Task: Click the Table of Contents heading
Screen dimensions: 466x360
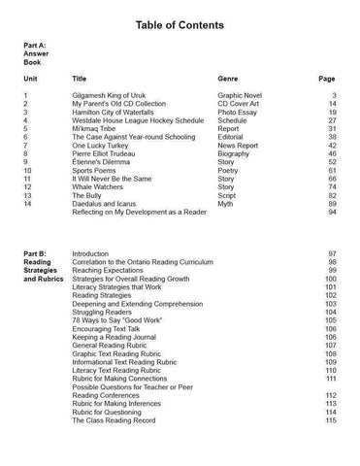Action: (x=180, y=22)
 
